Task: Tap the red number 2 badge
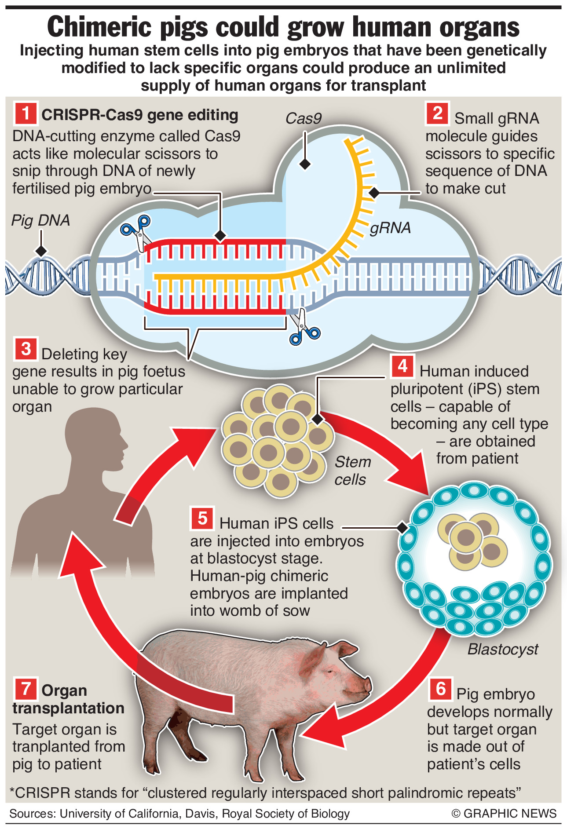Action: (437, 113)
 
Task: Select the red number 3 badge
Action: (26, 348)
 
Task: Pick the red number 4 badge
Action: (402, 366)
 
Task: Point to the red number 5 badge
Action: (202, 518)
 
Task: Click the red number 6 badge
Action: (440, 689)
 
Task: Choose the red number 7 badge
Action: (26, 689)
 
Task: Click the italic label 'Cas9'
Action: (304, 118)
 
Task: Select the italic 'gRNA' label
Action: (390, 228)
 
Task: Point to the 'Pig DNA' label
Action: (40, 220)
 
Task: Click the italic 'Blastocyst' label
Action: (502, 649)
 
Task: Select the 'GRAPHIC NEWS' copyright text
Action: (510, 813)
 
